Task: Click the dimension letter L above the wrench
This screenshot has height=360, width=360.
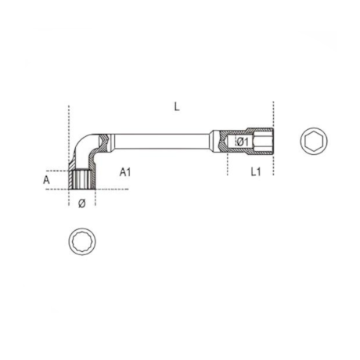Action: click(177, 106)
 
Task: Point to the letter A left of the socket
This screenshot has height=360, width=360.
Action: click(48, 179)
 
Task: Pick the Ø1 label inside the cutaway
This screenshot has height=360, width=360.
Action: click(242, 141)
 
